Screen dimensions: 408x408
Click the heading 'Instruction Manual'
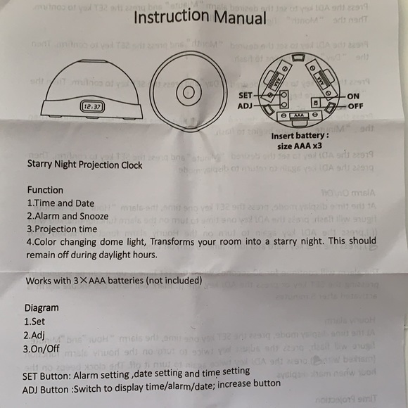coord(200,18)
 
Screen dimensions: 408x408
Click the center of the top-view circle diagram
coord(188,91)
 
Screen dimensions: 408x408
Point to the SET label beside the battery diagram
coord(246,94)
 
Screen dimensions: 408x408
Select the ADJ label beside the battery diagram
coord(246,106)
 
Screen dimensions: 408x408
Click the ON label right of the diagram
coord(354,95)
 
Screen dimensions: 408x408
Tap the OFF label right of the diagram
coord(356,106)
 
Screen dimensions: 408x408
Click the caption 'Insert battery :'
coord(299,134)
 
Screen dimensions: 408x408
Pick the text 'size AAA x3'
coord(300,146)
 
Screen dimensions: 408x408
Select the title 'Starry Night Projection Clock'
coord(84,165)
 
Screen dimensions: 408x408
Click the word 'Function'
coord(45,190)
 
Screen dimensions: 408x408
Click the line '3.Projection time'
coord(62,229)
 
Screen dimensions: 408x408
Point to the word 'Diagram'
coord(42,308)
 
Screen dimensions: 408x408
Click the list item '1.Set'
coord(35,321)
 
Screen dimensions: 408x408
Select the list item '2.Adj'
coord(35,335)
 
